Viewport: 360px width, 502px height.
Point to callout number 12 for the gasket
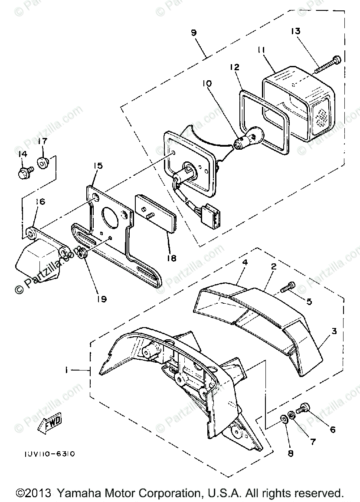(x=235, y=68)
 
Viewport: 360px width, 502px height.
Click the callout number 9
(x=193, y=33)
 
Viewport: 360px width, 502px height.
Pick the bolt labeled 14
(x=24, y=174)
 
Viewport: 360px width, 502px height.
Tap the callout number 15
(x=98, y=166)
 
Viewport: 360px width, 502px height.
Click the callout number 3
(x=334, y=331)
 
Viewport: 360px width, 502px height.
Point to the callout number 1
(x=65, y=370)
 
